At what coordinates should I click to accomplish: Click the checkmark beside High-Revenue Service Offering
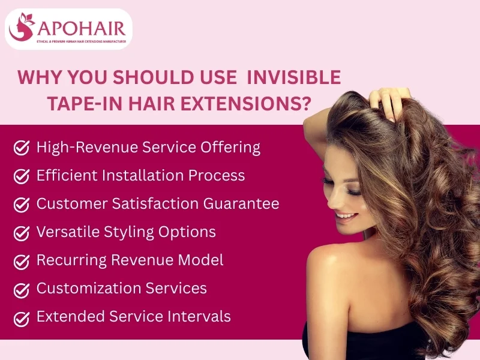[22, 148]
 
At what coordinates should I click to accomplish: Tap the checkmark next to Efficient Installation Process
[22, 176]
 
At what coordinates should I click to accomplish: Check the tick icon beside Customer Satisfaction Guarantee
[22, 205]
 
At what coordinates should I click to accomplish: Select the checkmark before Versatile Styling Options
[22, 233]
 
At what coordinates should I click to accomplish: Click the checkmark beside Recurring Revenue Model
[22, 261]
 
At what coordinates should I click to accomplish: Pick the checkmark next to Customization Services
[22, 289]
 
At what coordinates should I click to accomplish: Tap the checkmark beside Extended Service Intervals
[22, 317]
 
